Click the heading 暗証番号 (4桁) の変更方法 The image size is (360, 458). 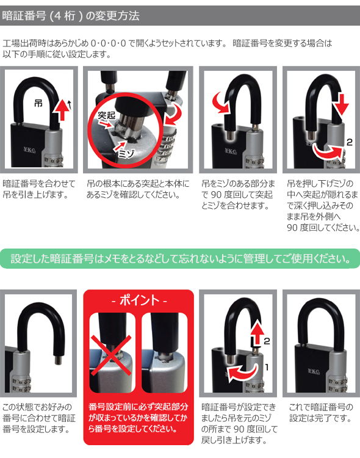point(71,15)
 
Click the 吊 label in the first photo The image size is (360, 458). point(38,103)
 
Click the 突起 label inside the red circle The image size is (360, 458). point(106,115)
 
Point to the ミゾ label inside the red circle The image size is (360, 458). point(126,153)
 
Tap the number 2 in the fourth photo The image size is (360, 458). point(349,142)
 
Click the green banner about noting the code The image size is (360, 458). point(180,258)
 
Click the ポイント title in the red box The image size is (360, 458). point(139,300)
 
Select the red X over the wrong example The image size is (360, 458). point(111,355)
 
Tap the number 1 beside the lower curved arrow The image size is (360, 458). point(267,367)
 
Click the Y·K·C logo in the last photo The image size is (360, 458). point(314,371)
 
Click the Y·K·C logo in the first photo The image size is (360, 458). point(29,150)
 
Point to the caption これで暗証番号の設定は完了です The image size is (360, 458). point(321,412)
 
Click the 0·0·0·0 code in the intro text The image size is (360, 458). point(109,43)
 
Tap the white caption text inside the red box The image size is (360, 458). point(138,418)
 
